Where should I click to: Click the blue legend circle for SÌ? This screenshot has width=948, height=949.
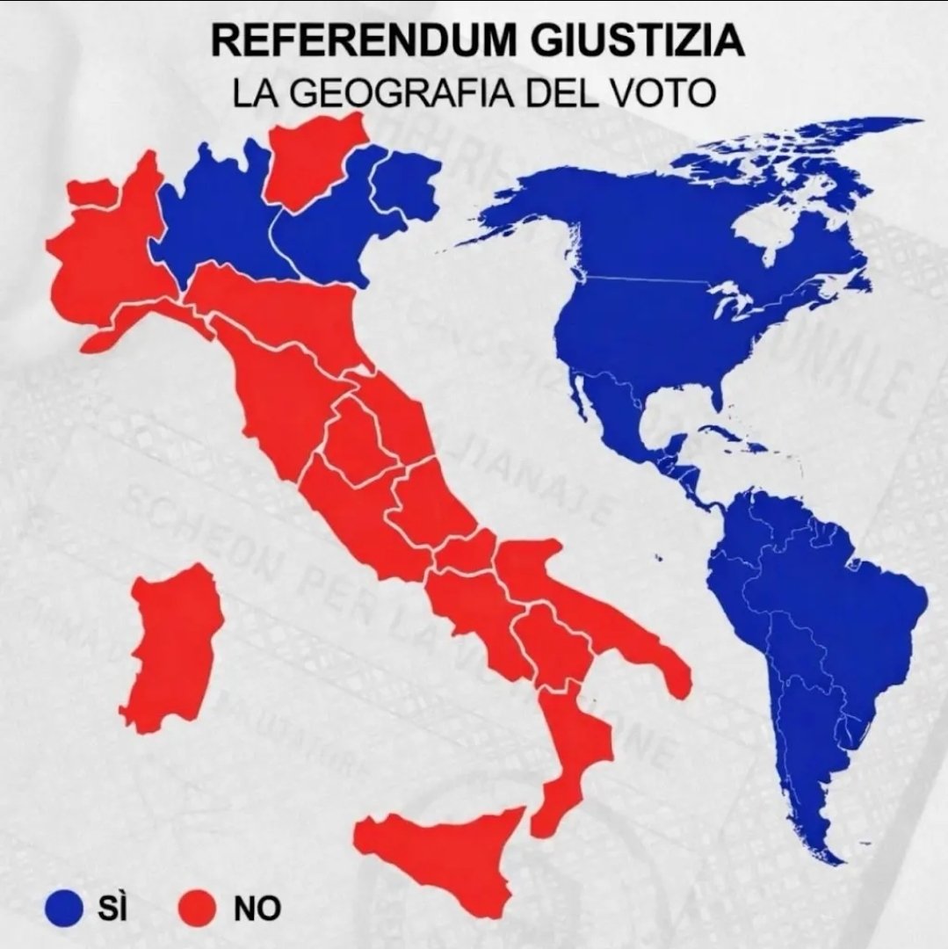(64, 907)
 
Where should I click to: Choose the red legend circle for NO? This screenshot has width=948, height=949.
(199, 907)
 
